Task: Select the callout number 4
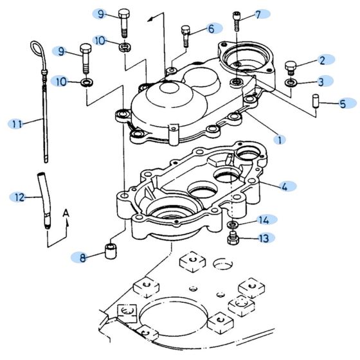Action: (283, 186)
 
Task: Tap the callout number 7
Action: (258, 14)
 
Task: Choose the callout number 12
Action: (19, 196)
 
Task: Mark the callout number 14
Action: (264, 219)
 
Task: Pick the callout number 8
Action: (82, 258)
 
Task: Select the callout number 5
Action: (343, 103)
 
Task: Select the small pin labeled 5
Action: (316, 102)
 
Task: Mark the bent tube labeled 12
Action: (43, 196)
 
